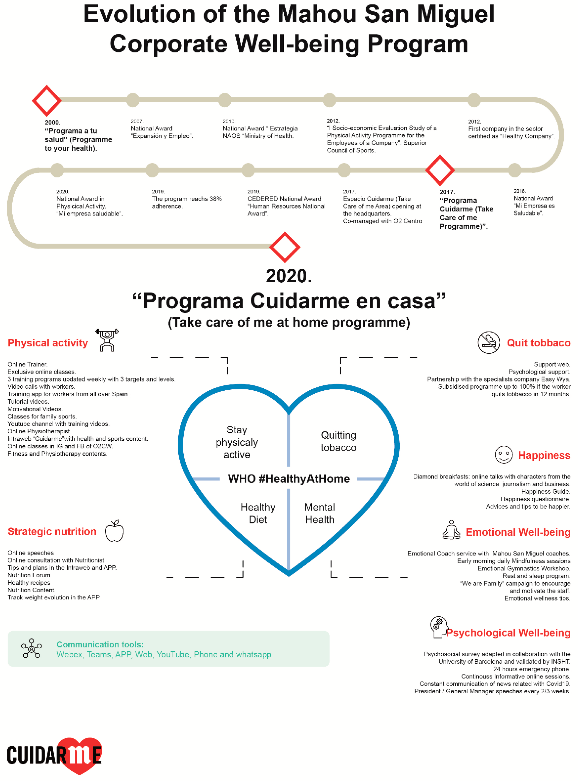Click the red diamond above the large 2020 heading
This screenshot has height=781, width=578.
click(284, 247)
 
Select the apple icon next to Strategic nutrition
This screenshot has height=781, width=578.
click(114, 531)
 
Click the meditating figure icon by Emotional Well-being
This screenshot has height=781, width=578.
click(451, 530)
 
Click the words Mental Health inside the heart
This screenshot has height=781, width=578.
click(319, 513)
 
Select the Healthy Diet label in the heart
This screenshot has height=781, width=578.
click(258, 513)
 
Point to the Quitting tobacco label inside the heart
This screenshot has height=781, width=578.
click(338, 441)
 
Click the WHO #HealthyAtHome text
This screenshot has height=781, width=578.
click(289, 479)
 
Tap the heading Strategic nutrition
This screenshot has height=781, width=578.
click(52, 531)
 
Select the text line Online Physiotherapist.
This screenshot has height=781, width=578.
click(39, 431)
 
